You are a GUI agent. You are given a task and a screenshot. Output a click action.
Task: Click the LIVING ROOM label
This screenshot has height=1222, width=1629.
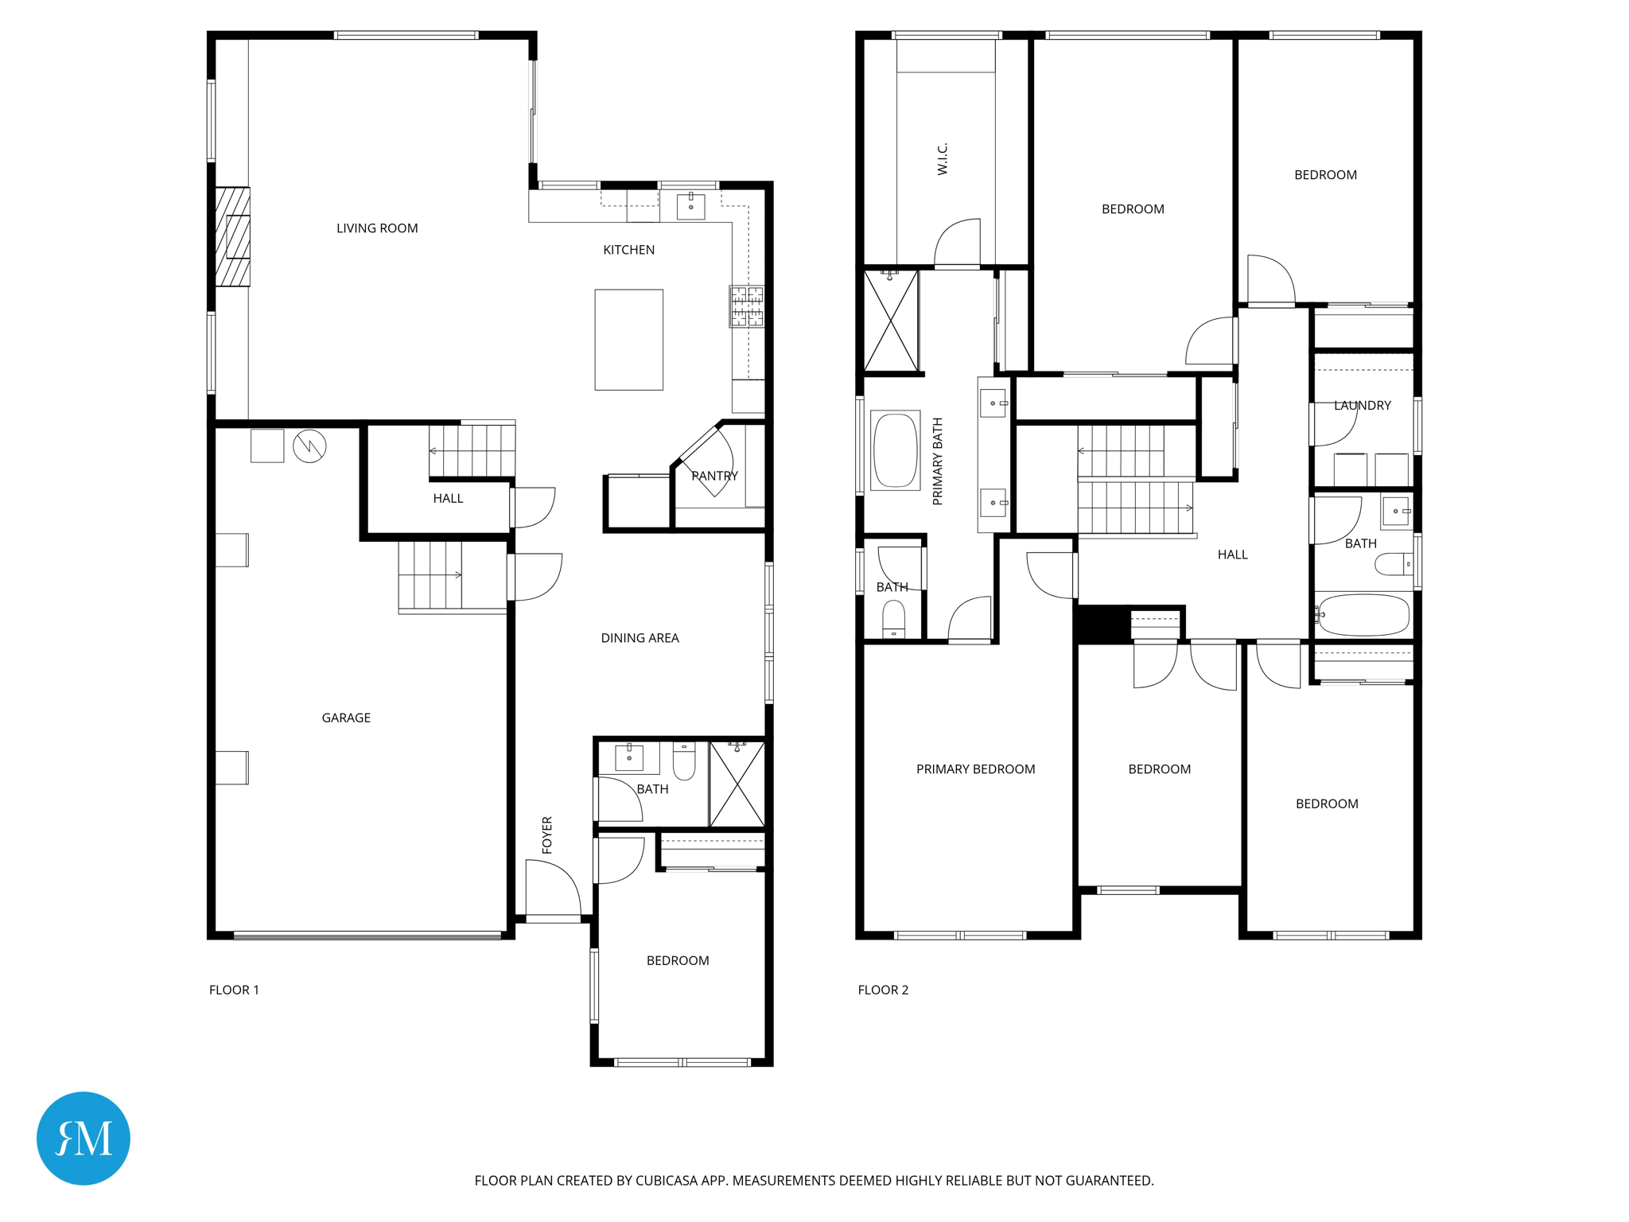377,228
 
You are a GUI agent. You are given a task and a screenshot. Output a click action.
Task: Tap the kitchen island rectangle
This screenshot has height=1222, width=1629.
628,340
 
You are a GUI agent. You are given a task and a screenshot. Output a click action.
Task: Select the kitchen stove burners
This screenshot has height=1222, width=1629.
747,306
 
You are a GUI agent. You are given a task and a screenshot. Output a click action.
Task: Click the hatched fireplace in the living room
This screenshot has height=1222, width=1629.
232,237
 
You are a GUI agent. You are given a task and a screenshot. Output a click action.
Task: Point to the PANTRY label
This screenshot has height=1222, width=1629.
714,476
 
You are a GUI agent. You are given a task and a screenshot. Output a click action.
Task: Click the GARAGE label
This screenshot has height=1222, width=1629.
346,718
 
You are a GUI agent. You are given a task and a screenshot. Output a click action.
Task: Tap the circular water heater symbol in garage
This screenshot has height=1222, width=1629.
309,446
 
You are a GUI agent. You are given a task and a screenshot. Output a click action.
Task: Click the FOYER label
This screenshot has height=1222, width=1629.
547,835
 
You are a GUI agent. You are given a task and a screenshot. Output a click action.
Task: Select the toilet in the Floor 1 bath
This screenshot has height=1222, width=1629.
684,761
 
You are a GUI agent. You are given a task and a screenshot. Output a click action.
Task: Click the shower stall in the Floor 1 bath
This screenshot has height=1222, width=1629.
737,784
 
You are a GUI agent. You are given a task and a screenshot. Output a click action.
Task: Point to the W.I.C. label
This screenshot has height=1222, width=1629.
943,159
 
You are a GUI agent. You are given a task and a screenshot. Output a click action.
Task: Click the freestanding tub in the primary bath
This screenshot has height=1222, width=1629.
896,450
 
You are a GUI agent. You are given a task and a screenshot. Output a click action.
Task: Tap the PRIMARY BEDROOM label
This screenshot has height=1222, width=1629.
975,769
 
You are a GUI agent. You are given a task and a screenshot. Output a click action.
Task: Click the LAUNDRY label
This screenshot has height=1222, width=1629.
1362,406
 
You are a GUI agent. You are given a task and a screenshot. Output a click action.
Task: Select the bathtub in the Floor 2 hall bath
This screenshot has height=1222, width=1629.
1363,614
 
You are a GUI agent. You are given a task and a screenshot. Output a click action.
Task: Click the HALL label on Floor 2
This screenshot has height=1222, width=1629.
1232,555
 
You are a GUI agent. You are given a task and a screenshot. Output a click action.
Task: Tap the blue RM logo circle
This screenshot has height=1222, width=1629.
84,1138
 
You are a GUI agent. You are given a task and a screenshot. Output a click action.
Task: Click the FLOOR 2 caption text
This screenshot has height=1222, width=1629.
883,990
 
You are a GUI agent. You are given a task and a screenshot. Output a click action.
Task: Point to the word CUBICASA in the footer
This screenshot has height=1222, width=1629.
665,1181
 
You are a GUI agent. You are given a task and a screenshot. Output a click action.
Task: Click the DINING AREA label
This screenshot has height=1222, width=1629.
640,638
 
